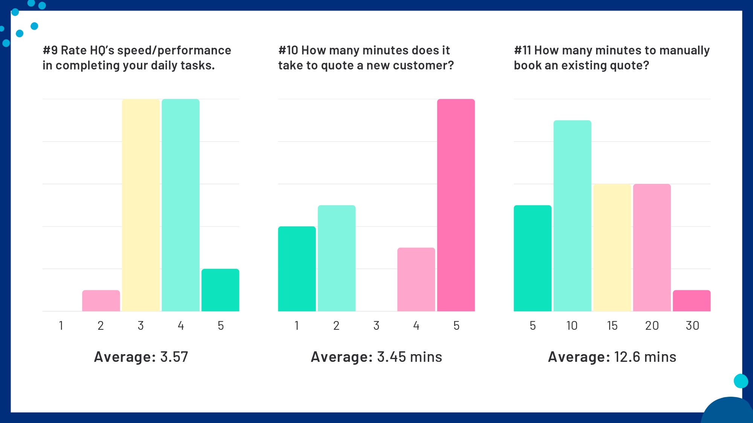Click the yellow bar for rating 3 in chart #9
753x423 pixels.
141,205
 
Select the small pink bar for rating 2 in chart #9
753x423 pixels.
101,301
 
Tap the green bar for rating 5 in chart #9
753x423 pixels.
220,290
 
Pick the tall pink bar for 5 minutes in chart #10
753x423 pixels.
456,205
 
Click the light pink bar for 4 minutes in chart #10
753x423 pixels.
416,279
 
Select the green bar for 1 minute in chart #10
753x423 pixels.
297,269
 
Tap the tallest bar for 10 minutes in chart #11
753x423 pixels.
572,216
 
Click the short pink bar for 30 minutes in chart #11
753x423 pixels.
692,301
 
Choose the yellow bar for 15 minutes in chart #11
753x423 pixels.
612,247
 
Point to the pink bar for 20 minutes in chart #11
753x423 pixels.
652,247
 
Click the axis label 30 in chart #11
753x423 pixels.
692,326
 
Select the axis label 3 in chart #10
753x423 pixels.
376,326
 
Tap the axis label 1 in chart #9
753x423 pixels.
61,326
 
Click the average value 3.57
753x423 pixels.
174,357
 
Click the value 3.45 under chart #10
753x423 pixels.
392,357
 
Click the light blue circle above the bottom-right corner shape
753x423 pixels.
741,381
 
